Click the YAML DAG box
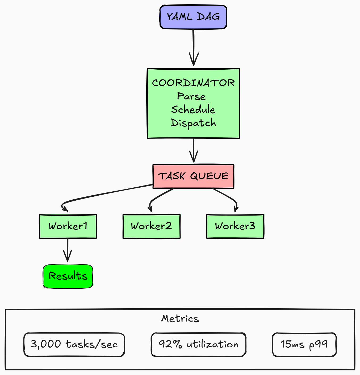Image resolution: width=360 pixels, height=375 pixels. point(193,17)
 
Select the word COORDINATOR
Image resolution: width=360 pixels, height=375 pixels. point(193,83)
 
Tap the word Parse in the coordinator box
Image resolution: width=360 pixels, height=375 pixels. point(191,96)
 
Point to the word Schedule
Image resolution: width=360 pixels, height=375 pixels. point(193,109)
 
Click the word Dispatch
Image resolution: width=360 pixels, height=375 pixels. point(193,123)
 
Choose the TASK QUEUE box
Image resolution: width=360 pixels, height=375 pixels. point(193,176)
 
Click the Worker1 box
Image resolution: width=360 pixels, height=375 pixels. point(68,226)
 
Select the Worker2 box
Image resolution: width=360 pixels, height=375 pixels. point(151,226)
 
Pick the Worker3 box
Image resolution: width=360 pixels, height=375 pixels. point(235,226)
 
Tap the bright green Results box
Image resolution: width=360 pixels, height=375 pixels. point(68,276)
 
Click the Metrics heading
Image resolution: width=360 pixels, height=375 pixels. point(180,318)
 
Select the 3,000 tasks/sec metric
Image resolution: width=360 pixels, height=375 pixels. point(74,344)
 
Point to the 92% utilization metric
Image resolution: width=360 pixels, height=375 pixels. point(198,344)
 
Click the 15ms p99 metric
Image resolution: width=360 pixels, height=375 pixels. point(304,344)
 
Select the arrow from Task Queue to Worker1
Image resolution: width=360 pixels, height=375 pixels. point(106,193)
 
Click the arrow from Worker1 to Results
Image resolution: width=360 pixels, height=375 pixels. point(68,250)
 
